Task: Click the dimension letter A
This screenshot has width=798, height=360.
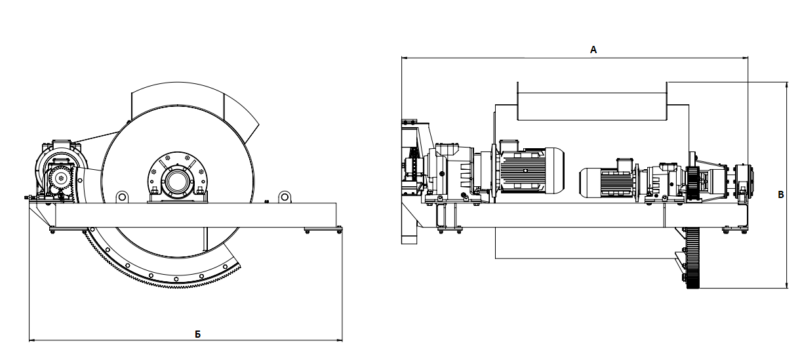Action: [x=593, y=50]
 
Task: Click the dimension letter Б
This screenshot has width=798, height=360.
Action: [x=198, y=334]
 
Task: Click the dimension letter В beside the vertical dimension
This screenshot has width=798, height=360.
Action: [x=780, y=195]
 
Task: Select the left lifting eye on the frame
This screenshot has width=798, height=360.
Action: [x=121, y=197]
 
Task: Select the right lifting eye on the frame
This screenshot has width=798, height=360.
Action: [x=285, y=197]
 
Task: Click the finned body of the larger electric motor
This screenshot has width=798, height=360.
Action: [x=523, y=170]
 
